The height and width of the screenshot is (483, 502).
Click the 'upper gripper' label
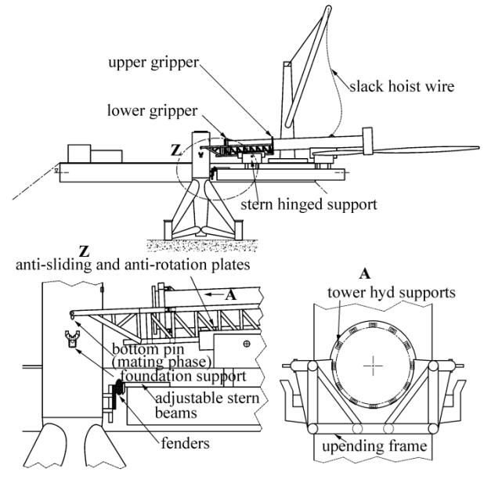click(153, 63)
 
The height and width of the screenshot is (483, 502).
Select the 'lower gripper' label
click(153, 111)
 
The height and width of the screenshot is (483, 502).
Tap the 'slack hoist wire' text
click(402, 86)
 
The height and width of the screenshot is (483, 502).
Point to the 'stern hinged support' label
click(309, 204)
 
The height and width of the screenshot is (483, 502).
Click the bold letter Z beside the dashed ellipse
click(175, 150)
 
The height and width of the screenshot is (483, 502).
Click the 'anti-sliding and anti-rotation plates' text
click(133, 265)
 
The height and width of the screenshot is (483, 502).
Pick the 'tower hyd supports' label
click(392, 293)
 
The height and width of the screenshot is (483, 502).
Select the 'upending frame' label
click(374, 446)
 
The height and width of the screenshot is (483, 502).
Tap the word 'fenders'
click(186, 443)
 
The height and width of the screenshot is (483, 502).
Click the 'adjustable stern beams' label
click(207, 406)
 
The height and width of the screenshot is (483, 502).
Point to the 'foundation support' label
click(183, 376)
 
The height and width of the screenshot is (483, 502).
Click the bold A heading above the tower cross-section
click(365, 274)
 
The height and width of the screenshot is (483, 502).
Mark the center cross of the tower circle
click(374, 366)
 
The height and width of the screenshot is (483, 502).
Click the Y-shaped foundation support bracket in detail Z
click(72, 338)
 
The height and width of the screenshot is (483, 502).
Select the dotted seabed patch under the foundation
click(202, 245)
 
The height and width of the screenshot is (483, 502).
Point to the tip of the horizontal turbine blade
click(479, 147)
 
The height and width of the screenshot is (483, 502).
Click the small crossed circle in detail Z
click(247, 344)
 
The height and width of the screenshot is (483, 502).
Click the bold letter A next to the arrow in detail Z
click(231, 295)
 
